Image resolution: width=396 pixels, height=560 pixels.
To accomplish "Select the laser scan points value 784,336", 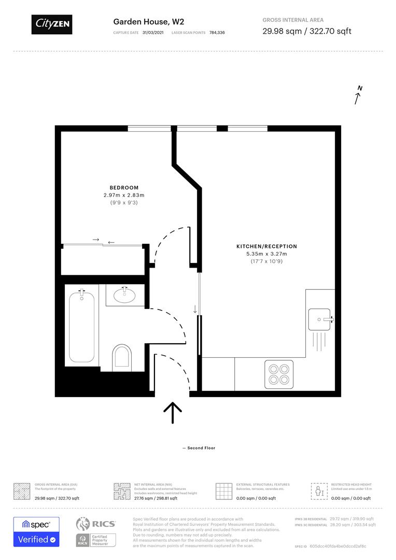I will (217, 33).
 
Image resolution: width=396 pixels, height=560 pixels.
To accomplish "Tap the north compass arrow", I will (358, 95).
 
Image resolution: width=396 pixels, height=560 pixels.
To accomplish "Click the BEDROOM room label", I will (124, 188).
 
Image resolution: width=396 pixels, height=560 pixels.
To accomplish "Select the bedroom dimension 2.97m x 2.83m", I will (124, 195).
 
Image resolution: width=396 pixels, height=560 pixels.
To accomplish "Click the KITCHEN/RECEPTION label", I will (267, 246).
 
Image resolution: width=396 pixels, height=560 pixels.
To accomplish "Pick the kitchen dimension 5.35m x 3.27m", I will (267, 254).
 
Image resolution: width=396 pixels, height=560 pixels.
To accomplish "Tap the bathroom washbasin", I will (124, 296).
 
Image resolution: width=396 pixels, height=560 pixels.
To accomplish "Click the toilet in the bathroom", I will (122, 358).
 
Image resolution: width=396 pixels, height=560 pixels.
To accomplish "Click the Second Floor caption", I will (199, 448).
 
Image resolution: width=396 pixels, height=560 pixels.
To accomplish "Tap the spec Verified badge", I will (36, 531).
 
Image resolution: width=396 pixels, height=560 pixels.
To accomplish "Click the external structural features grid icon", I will (224, 491).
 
